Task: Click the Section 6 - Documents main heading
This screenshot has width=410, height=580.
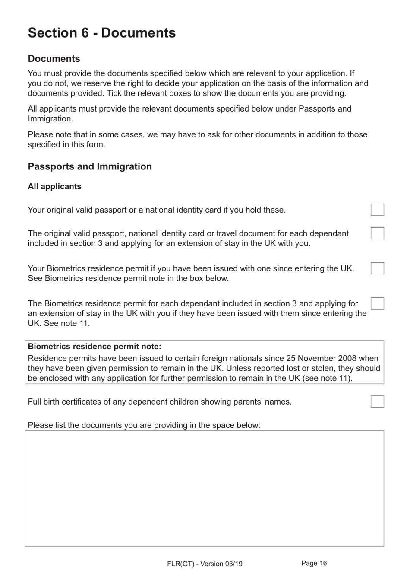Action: coord(102,33)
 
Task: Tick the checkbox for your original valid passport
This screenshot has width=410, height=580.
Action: coord(377,210)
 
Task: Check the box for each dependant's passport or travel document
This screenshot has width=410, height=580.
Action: coord(377,233)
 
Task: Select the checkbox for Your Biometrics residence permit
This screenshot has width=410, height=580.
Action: coord(377,268)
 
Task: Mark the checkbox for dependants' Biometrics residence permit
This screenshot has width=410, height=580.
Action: coord(377,303)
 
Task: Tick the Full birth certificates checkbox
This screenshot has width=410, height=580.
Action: coord(377,402)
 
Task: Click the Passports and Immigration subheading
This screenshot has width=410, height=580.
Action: coord(90,166)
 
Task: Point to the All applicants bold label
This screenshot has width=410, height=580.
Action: coord(54,186)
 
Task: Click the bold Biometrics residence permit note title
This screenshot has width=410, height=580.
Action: coord(95,347)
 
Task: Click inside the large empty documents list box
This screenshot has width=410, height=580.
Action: coord(204,488)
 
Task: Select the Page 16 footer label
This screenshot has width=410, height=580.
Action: coord(314,563)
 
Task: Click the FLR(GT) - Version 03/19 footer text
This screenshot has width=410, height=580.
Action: coord(205,564)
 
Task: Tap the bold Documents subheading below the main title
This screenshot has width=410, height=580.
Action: coord(54,59)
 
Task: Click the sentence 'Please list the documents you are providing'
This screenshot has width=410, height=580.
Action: coord(144,425)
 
